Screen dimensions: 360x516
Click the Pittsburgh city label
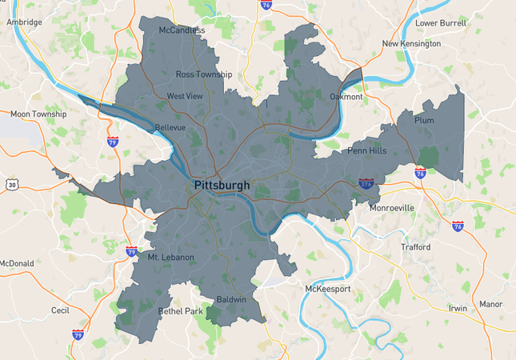point(222,185)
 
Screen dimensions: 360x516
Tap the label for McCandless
point(182,30)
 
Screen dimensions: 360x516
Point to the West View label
point(185,96)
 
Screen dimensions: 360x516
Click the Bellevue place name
point(170,127)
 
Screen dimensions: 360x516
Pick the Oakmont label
point(346,97)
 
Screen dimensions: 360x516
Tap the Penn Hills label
point(366,150)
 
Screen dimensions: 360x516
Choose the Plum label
point(425,120)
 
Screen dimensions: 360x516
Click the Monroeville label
point(392,207)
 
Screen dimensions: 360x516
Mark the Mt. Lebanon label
point(170,257)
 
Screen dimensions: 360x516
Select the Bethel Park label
point(181,310)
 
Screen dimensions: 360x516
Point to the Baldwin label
point(232,300)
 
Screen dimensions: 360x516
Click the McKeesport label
point(328,288)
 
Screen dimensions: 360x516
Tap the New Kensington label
point(411,44)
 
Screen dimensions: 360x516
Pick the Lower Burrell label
point(441,23)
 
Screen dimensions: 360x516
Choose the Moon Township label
point(38,114)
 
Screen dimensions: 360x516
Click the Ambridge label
point(24,22)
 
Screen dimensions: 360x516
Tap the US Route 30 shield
point(11,185)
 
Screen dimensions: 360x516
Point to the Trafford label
point(415,247)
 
